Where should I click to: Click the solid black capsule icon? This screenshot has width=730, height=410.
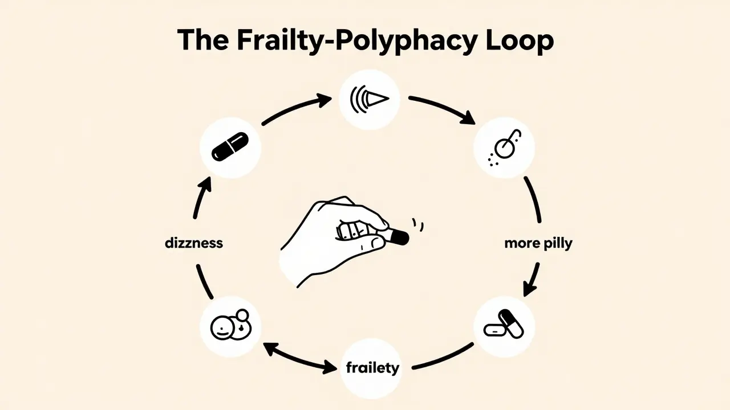pos(230,147)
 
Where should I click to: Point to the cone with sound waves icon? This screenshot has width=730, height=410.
pos(368,99)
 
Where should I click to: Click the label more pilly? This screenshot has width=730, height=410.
pos(538,244)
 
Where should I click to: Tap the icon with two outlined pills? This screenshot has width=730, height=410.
pos(504,325)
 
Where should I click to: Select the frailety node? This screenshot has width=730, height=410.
pos(372,367)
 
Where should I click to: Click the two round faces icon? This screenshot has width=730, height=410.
pos(230,326)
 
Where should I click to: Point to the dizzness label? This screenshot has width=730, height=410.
pos(193,244)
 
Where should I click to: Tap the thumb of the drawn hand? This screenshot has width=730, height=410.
pos(365,244)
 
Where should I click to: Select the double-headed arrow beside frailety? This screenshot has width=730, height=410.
pos(299,357)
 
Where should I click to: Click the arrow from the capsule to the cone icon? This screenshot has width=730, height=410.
pos(297,109)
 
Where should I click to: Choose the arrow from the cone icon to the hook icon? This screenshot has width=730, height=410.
pos(442,108)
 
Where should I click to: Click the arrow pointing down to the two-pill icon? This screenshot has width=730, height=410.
pos(533,279)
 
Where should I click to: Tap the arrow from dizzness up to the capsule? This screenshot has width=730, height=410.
pos(201,196)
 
